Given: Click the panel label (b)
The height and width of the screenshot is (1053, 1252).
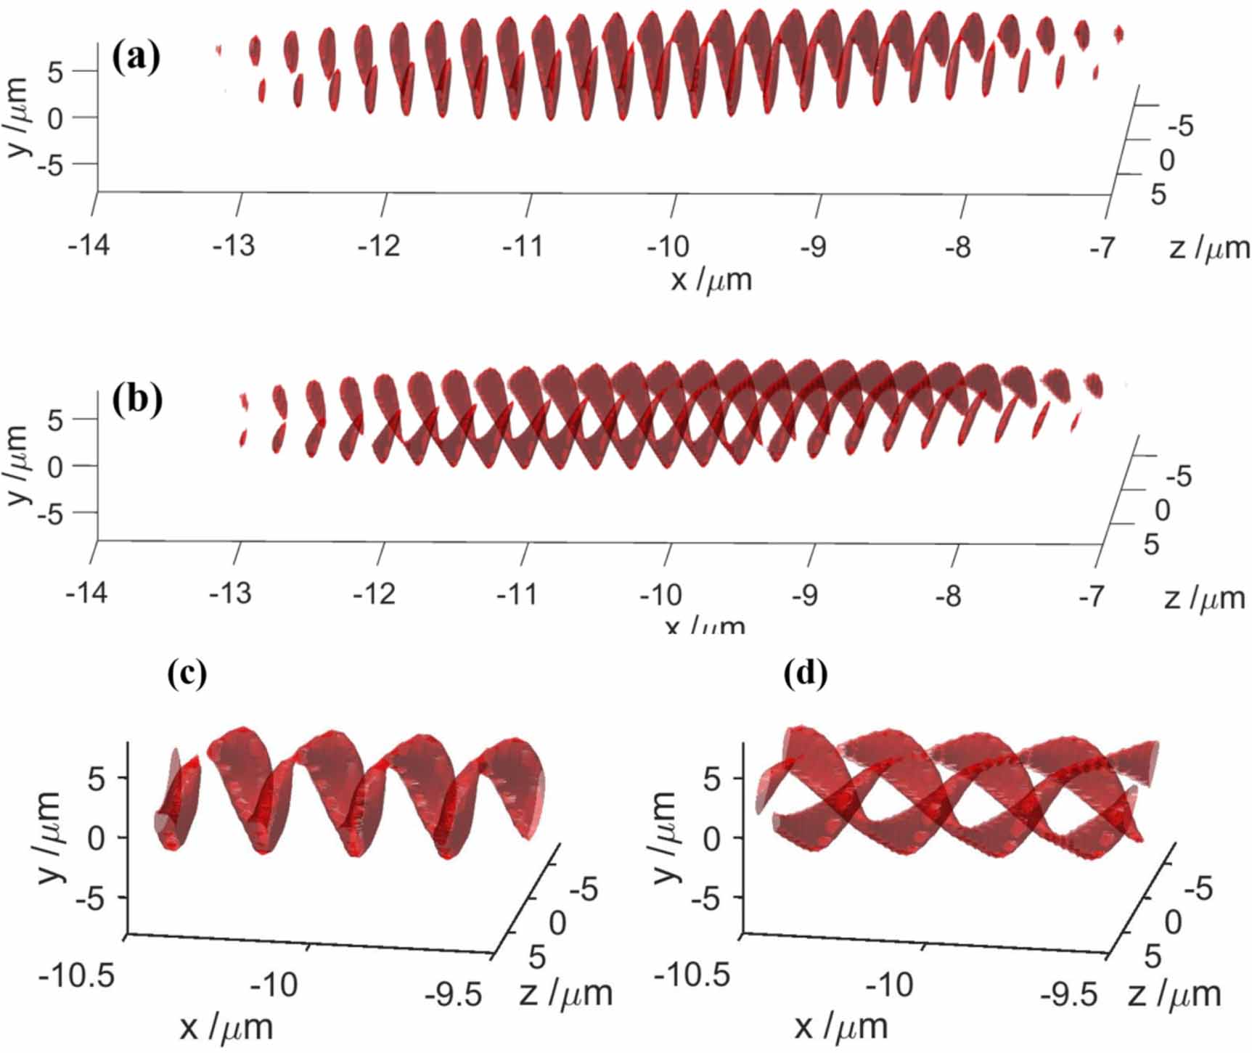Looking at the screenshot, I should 137,400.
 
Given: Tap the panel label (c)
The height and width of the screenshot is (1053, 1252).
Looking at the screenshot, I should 187,673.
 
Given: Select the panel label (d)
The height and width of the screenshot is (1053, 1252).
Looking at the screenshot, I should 806,673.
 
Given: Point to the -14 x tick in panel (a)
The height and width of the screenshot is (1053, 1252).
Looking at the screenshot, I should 89,245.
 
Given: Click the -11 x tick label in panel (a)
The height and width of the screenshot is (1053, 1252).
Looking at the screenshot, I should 523,247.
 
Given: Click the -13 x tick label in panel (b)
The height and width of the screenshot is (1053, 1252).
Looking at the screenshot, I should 230,594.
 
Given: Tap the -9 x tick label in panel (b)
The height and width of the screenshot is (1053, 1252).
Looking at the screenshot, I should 804,596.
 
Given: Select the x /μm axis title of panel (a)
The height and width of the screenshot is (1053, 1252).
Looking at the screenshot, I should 711,279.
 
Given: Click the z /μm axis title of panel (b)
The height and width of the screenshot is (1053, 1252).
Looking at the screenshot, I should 1204,599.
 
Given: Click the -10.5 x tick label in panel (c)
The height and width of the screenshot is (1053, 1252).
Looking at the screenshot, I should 76,976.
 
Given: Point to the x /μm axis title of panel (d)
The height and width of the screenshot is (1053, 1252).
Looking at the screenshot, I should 840,1026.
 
